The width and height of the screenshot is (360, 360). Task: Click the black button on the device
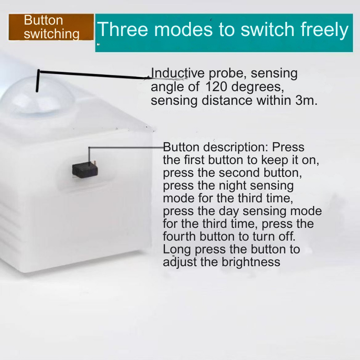[x=83, y=169]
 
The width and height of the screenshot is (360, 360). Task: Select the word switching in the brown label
[x=51, y=34]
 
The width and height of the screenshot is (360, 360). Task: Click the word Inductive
[x=172, y=73]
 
